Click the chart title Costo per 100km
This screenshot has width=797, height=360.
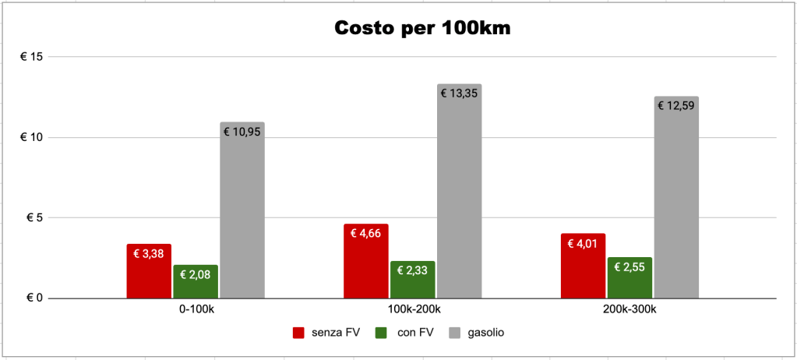point(423,28)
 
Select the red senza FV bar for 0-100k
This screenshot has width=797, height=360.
point(149,272)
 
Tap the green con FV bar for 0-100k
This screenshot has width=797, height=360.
point(196,282)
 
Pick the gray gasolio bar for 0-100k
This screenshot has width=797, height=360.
point(242,210)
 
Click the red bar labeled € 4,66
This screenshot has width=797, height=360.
point(366,262)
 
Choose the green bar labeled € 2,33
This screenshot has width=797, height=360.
point(413,280)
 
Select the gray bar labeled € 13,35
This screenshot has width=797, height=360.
point(459,192)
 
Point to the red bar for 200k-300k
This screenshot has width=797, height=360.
point(583,266)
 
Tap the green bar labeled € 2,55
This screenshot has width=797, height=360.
point(629,278)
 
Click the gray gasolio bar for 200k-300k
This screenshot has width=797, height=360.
point(676,198)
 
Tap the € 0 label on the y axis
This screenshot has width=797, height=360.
point(35,298)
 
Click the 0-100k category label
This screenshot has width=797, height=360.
point(196,309)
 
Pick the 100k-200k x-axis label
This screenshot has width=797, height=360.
point(413,309)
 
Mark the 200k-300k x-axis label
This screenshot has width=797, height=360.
point(629,309)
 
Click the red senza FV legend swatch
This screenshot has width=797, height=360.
point(298,333)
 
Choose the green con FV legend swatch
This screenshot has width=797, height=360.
point(380,333)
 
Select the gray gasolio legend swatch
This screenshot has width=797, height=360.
point(456,333)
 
